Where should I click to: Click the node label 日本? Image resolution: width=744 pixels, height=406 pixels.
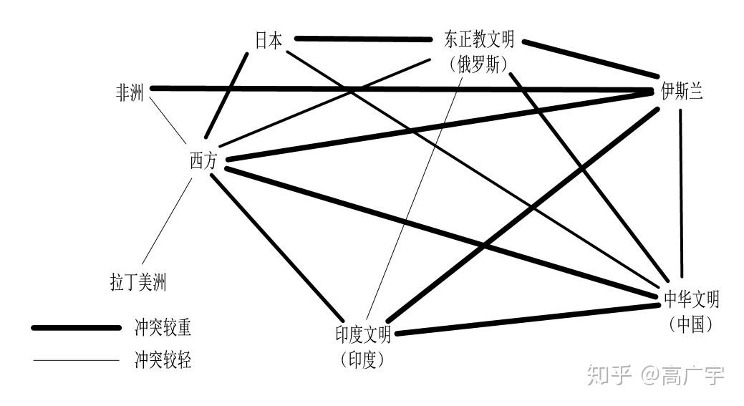click(269, 40)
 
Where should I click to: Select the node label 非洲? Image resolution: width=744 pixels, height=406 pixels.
click(130, 93)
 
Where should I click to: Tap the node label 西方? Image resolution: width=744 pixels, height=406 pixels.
click(203, 162)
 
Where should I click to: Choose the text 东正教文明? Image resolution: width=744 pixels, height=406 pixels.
click(479, 40)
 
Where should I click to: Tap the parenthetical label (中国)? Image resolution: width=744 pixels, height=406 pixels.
click(691, 323)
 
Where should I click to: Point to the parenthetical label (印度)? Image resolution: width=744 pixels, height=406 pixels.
click(363, 359)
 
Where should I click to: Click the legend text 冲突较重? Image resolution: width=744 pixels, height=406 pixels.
click(163, 327)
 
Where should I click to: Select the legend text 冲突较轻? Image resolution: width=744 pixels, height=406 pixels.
click(163, 359)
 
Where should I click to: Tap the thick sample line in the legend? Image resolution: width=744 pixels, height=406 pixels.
click(76, 327)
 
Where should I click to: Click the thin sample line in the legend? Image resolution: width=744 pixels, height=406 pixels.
click(76, 359)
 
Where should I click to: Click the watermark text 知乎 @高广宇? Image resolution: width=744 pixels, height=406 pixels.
click(654, 374)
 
